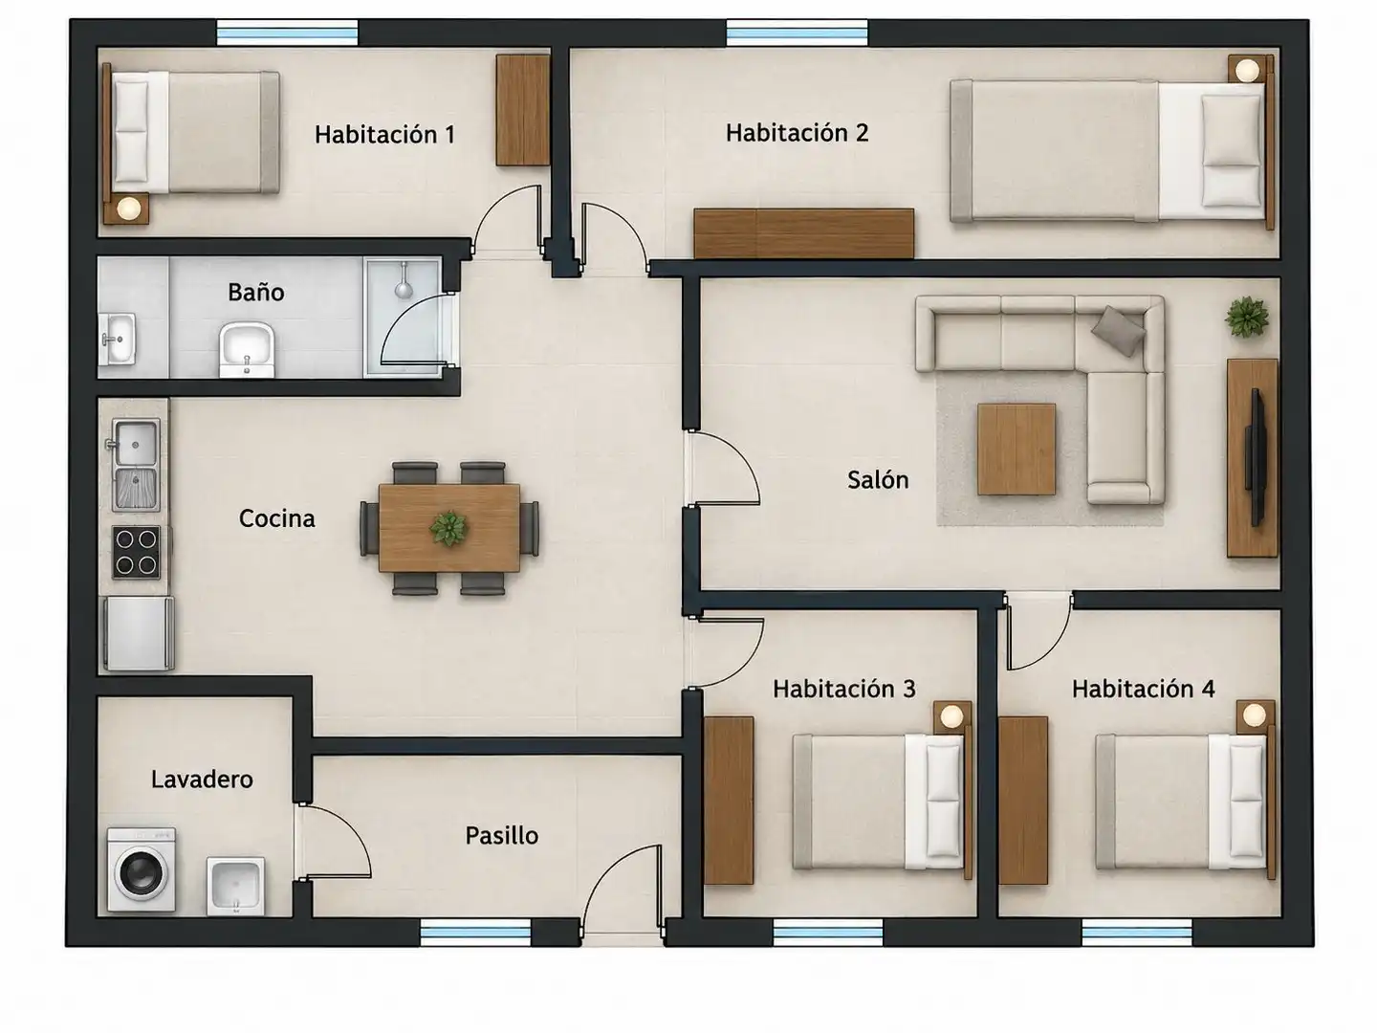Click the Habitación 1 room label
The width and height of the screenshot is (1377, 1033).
384,134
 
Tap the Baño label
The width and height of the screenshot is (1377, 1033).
256,293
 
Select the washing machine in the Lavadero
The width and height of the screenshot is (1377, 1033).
142,869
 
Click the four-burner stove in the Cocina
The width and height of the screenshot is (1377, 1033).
136,552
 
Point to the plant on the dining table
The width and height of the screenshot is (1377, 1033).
448,528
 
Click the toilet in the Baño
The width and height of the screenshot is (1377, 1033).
247,350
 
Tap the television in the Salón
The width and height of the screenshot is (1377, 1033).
1256,457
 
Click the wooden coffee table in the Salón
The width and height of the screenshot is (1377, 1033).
1016,450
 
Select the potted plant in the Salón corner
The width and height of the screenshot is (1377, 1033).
1247,318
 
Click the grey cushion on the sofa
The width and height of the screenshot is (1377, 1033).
1117,331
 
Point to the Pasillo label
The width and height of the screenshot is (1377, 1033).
502,835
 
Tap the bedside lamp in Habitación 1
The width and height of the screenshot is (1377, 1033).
129,208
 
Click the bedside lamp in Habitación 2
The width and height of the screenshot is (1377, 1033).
1247,70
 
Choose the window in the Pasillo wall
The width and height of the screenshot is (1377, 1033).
475,933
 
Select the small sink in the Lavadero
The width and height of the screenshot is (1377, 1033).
235,886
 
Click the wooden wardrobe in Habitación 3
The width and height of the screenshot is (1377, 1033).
729,801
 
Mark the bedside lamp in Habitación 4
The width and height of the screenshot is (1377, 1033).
1254,714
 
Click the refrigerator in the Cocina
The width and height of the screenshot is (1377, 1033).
139,633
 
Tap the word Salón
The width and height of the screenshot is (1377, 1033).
878,480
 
